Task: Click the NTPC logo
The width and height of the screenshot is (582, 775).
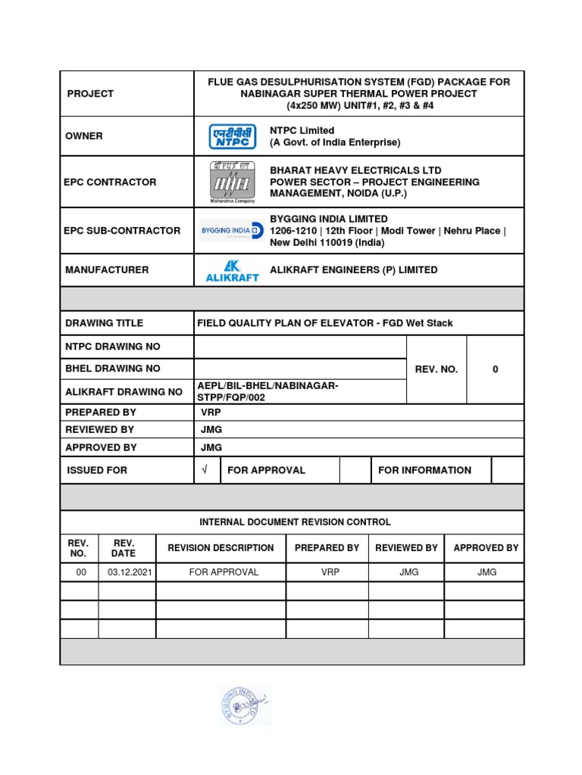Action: point(233,136)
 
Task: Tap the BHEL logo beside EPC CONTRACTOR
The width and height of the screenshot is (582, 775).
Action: point(232,182)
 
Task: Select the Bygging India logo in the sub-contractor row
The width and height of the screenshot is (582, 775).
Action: point(233,231)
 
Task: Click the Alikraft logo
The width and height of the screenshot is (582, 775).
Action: point(232,270)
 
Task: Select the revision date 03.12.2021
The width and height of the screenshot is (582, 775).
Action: point(127,572)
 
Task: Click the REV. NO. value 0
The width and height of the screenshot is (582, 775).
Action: point(495,369)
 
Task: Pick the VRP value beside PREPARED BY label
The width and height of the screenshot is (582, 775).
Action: point(210,412)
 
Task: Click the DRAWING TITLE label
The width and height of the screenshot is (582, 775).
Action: point(104,323)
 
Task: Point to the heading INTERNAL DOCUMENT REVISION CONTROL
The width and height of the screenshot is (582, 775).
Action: point(295,522)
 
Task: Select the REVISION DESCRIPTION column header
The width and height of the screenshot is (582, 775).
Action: point(221,548)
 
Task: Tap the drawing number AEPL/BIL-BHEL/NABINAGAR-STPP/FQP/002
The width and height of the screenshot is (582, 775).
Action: point(267,392)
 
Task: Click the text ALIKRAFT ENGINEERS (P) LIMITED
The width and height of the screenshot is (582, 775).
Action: point(353,270)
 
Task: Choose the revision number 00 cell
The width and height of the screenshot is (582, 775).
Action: point(78,572)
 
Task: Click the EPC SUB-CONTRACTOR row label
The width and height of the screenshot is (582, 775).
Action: point(122,231)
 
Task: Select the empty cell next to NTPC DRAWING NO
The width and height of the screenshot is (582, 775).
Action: point(300,347)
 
